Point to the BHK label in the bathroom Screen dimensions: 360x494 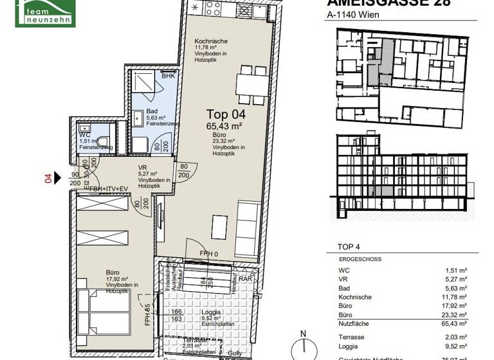point(168,76)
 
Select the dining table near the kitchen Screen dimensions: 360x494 point(251,83)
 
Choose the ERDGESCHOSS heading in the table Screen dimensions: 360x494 point(360,259)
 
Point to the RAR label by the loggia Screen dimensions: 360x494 point(245,279)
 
